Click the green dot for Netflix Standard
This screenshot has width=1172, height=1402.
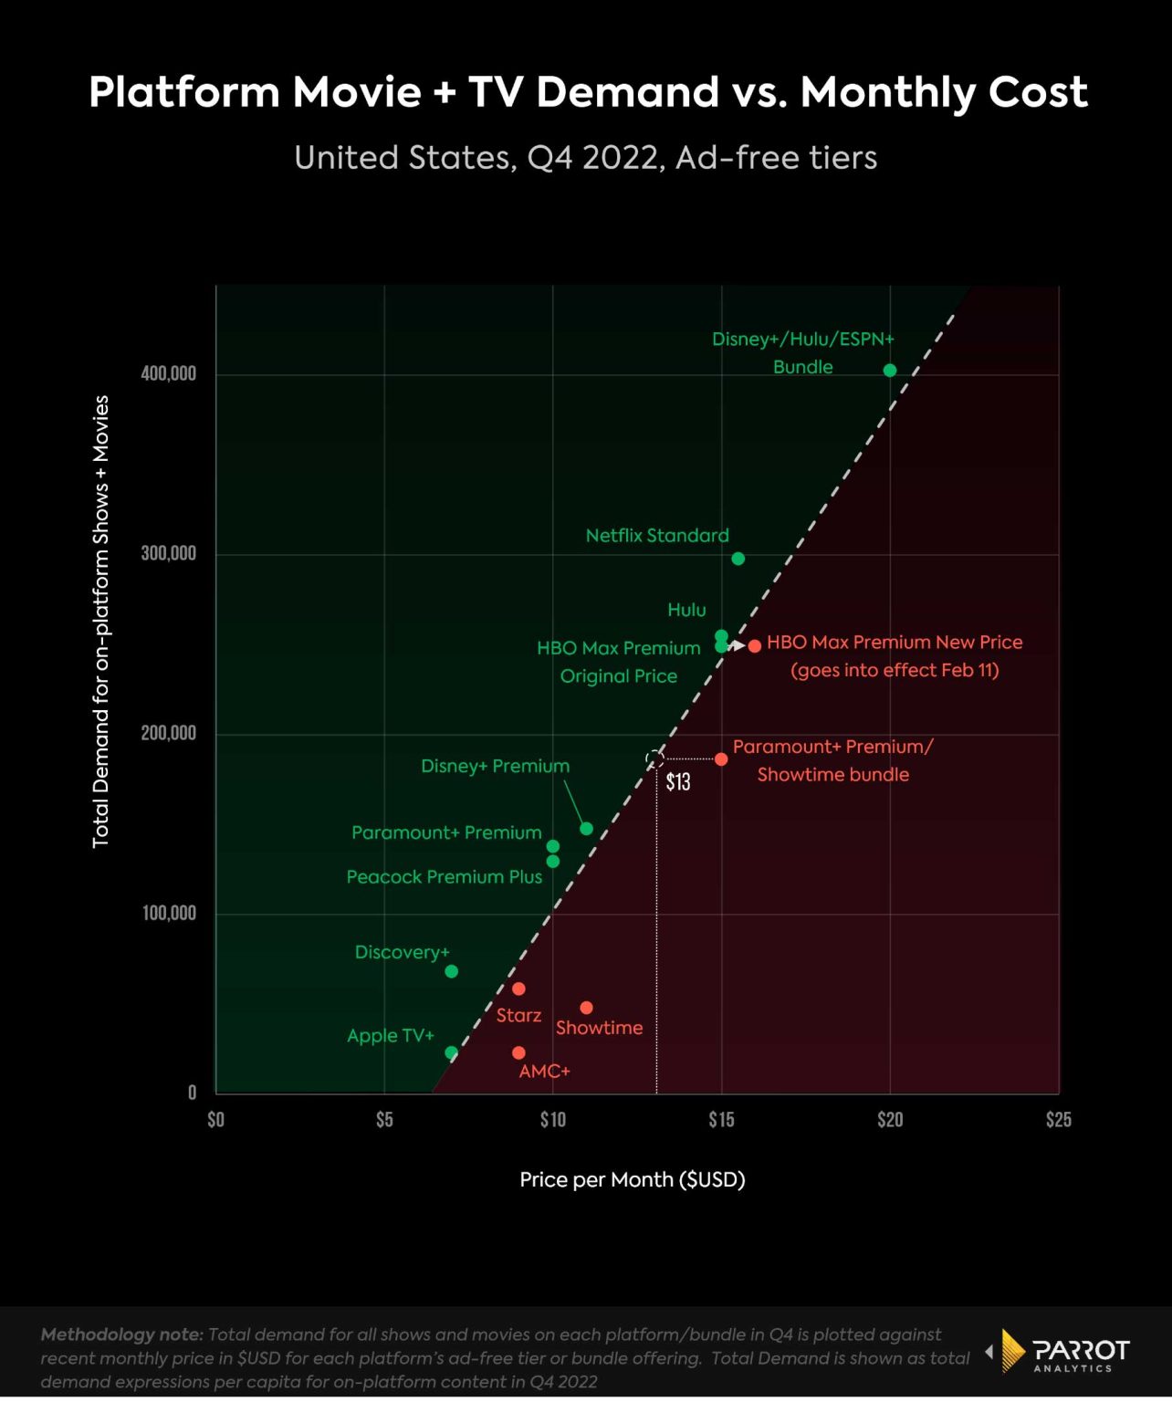[x=738, y=559]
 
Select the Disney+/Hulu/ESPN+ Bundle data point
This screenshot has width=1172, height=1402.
[x=890, y=370]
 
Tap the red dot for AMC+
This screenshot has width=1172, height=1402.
[x=518, y=1052]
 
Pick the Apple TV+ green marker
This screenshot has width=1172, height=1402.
[x=451, y=1052]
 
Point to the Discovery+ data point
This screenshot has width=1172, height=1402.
[x=451, y=971]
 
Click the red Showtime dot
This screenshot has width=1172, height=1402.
[x=586, y=1008]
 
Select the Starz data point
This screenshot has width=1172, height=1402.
[x=518, y=989]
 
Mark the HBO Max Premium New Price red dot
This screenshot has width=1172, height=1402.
[x=755, y=646]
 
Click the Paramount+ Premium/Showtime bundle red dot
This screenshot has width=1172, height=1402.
[x=721, y=759]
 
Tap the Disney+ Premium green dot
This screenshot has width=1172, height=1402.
[x=586, y=829]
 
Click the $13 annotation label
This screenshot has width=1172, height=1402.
[x=678, y=782]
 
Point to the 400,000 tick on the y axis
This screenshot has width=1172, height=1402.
[x=169, y=373]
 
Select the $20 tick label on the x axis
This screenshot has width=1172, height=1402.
[x=890, y=1120]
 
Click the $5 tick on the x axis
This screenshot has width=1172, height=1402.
[x=384, y=1120]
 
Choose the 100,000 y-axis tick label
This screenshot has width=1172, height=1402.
[x=169, y=913]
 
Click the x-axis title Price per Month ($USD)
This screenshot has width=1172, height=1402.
[x=633, y=1179]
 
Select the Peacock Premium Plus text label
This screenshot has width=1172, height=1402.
[x=445, y=877]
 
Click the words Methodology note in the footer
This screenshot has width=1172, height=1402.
[x=121, y=1334]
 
